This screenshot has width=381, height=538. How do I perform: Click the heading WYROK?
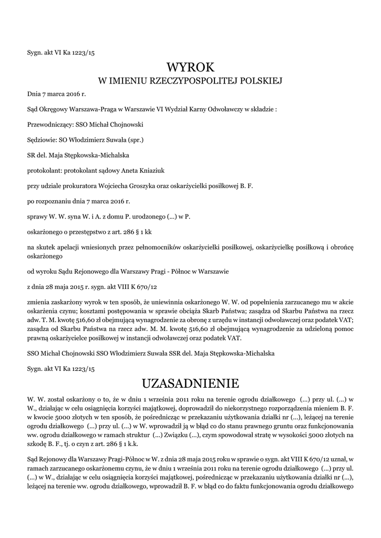[x=190, y=67]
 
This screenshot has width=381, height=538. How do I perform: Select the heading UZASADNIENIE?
[x=190, y=382]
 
